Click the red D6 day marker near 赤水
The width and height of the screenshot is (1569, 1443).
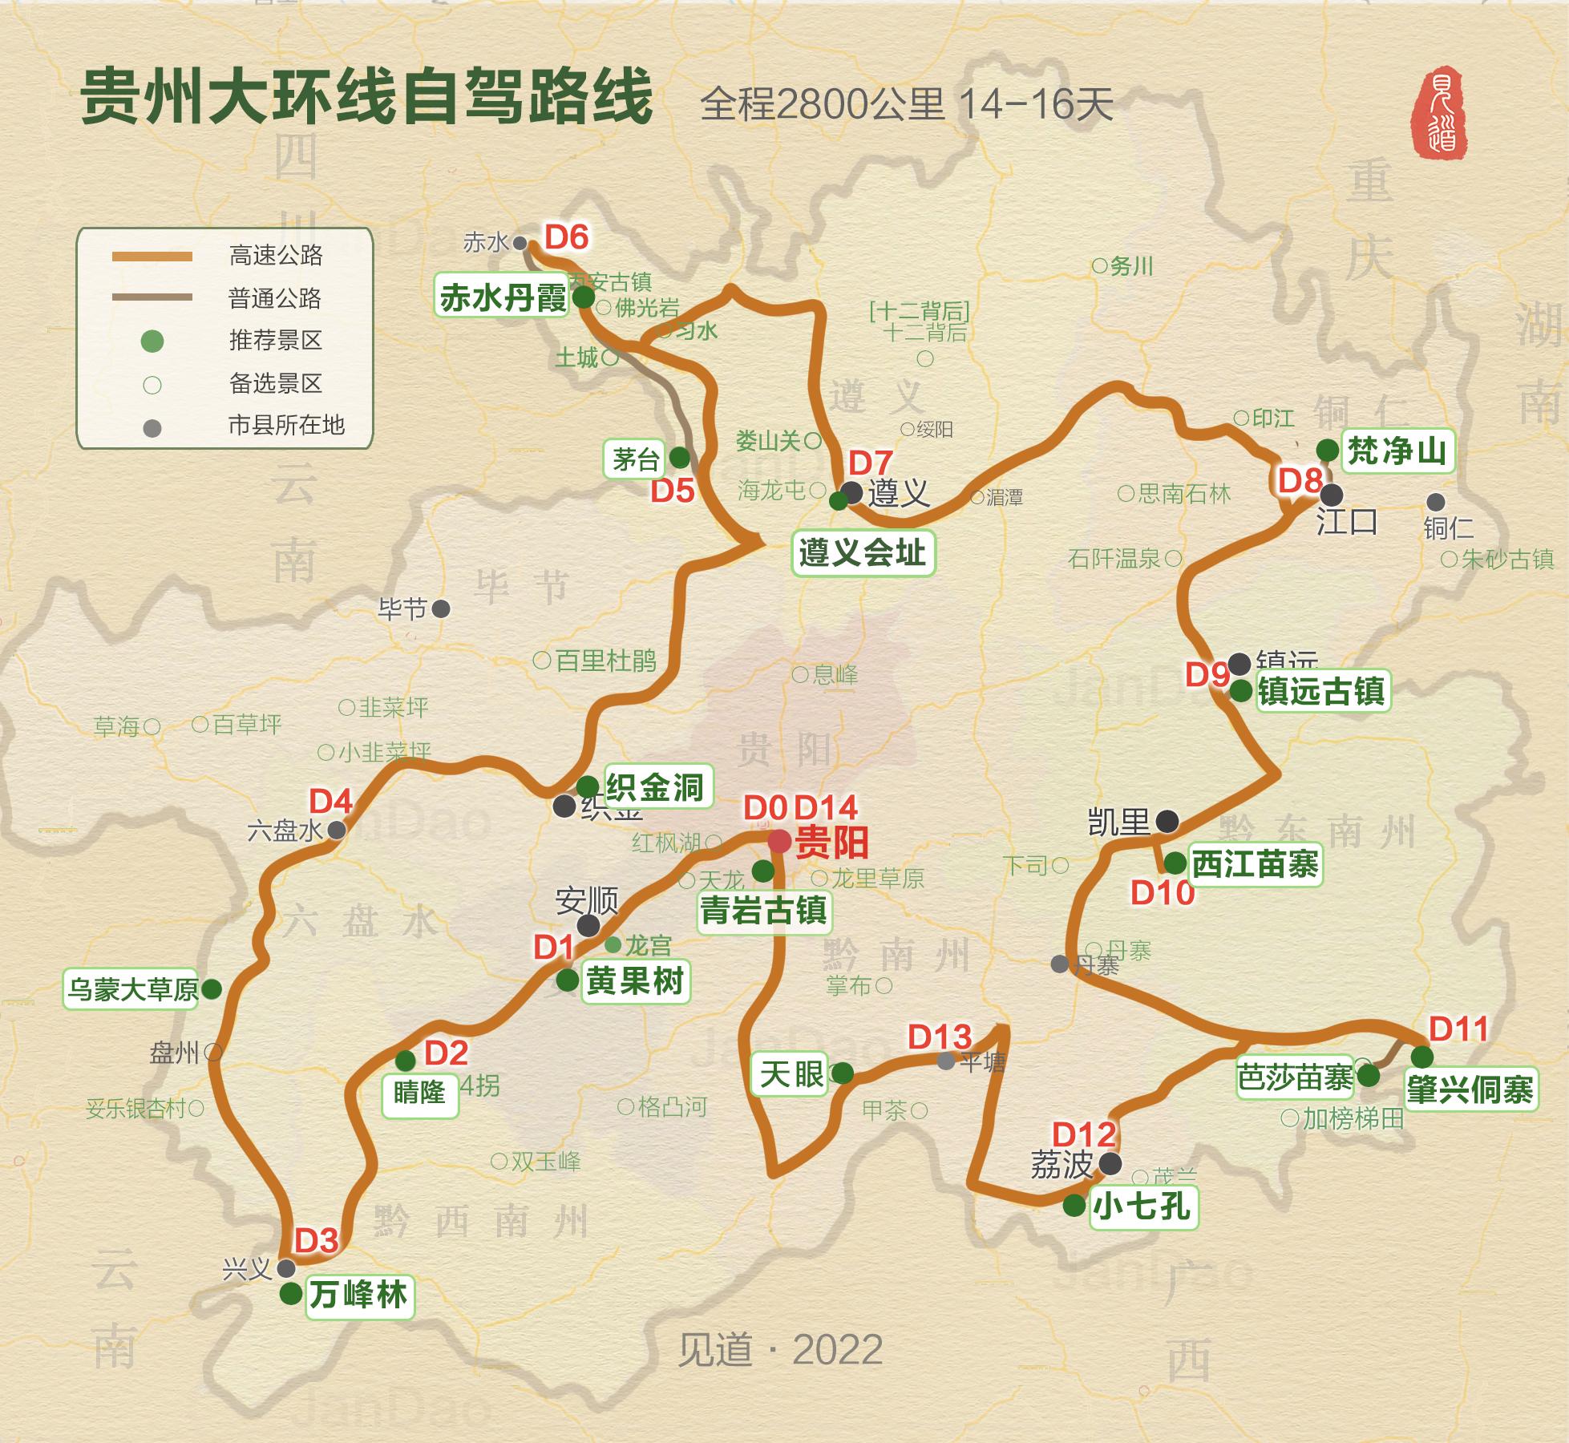tap(567, 237)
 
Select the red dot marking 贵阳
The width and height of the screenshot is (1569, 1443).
tap(778, 842)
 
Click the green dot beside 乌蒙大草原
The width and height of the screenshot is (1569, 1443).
tap(212, 988)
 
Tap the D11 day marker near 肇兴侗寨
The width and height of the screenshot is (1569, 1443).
tap(1458, 1029)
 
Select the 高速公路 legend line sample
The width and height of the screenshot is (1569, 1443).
tap(152, 257)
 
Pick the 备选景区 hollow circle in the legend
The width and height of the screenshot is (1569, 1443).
tap(152, 385)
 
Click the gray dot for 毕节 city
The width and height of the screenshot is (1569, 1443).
tap(441, 609)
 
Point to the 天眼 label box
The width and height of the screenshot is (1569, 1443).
tap(792, 1073)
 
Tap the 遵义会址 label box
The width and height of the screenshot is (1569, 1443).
tap(863, 552)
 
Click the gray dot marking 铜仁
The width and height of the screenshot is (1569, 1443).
tap(1435, 503)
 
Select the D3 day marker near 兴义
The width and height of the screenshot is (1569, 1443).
tap(316, 1240)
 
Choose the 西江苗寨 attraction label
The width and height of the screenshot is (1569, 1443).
tap(1255, 864)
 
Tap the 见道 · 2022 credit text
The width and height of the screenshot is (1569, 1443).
tap(780, 1349)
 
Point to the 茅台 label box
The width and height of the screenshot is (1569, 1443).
tap(636, 459)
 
